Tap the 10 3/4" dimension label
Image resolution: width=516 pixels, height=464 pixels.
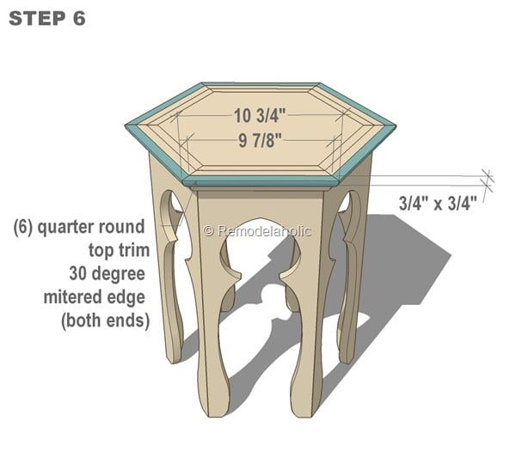pyautogui.click(x=261, y=113)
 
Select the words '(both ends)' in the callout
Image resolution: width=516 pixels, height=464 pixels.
pyautogui.click(x=105, y=321)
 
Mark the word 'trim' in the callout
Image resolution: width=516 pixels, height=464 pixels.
pyautogui.click(x=135, y=251)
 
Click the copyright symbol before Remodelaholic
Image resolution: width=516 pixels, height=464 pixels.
pyautogui.click(x=208, y=230)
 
